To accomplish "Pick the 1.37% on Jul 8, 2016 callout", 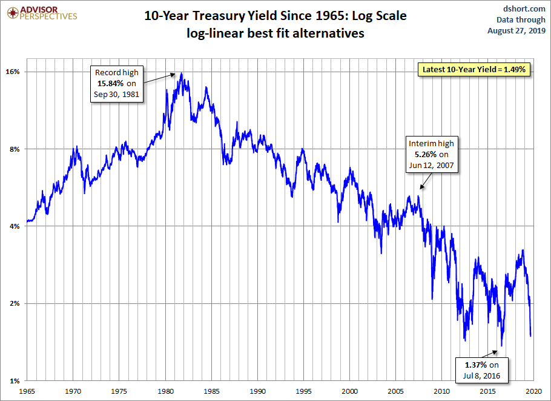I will [481, 369].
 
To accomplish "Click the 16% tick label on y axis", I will [13, 72].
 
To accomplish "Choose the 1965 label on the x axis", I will [27, 392].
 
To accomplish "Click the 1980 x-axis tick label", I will [166, 392].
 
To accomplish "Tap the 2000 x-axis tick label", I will [351, 392].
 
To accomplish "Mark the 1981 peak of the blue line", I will [182, 73].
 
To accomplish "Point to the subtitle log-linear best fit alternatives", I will [275, 33].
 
